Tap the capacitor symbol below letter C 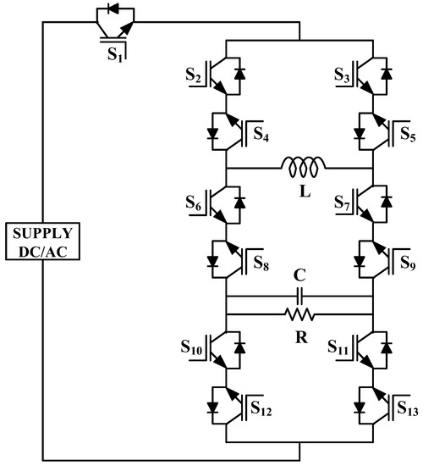[x=299, y=297]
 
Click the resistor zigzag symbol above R [x=299, y=314]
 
